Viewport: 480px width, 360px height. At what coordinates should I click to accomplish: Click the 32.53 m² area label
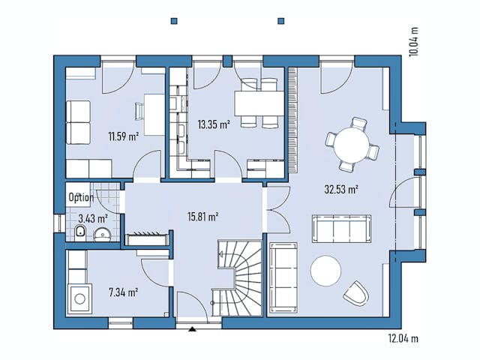tap(340, 189)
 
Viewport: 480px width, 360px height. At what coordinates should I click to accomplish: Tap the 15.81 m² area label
tap(202, 217)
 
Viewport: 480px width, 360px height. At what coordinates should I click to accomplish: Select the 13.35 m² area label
tap(213, 124)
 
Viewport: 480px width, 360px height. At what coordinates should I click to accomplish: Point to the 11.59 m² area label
tap(123, 136)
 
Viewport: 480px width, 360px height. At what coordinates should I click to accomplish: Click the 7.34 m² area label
tap(123, 292)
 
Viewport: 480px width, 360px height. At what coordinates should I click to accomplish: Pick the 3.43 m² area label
tap(92, 219)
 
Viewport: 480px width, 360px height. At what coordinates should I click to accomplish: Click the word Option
tap(82, 198)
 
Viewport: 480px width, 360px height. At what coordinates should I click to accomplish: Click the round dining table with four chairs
tap(351, 142)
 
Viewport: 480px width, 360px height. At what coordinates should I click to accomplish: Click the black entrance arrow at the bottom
tap(193, 328)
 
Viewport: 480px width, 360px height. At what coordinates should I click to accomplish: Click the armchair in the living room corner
tap(355, 292)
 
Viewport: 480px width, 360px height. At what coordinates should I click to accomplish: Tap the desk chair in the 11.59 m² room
tap(140, 111)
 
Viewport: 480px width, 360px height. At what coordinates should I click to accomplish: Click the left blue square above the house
tap(174, 20)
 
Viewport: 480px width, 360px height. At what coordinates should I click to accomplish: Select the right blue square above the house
tap(281, 20)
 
